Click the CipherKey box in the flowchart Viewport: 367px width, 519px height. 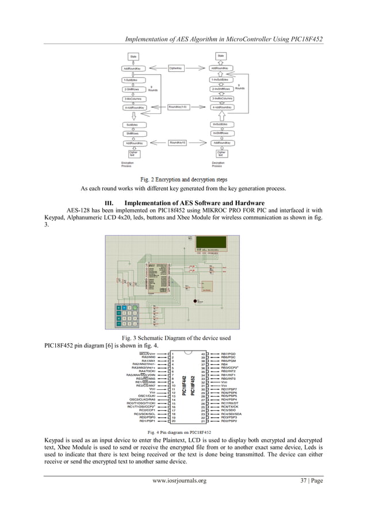(x=176, y=68)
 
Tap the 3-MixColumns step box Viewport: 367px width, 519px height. (x=134, y=98)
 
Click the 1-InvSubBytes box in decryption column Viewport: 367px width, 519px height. (x=221, y=79)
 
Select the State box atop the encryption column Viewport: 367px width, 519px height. (x=133, y=56)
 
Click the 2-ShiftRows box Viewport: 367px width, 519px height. (x=134, y=89)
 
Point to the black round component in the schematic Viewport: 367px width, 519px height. (x=194, y=299)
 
